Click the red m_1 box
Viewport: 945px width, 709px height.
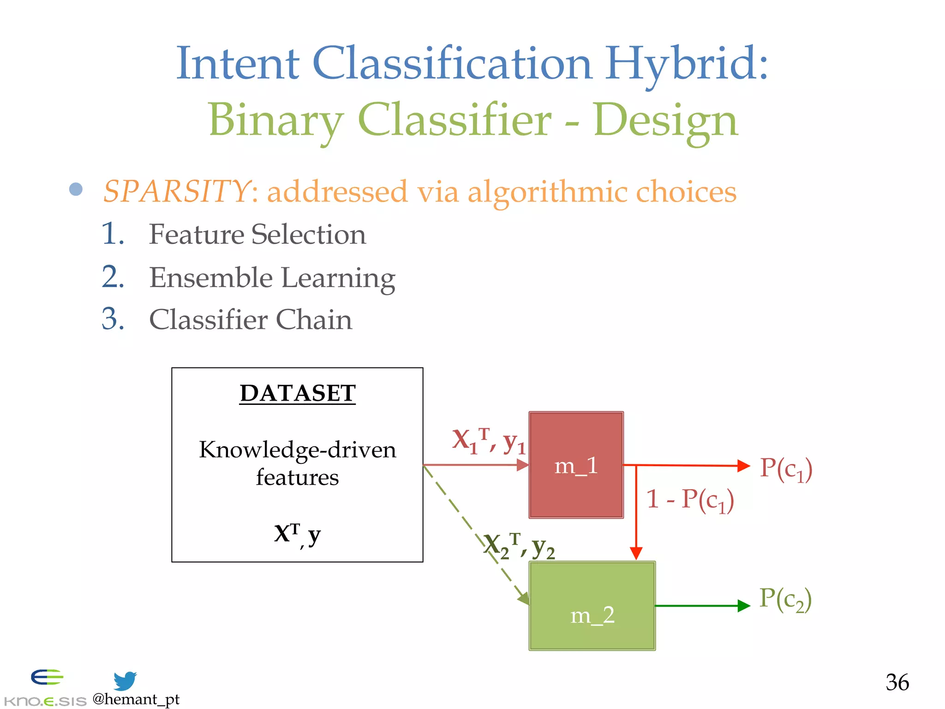pos(576,465)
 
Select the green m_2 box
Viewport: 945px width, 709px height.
pos(592,606)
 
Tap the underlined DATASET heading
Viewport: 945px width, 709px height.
pos(297,393)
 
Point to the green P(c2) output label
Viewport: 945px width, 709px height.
pos(785,599)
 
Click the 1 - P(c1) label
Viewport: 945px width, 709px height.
pos(690,500)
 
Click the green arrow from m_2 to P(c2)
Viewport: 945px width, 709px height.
pos(701,606)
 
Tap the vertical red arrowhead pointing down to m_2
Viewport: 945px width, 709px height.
pos(636,553)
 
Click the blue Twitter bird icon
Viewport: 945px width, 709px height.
pos(125,680)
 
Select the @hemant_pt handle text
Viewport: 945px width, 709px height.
pos(136,699)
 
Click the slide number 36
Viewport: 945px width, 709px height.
pos(897,682)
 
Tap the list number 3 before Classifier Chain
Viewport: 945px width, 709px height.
pos(113,319)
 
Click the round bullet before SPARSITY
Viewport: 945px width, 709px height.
pos(76,189)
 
